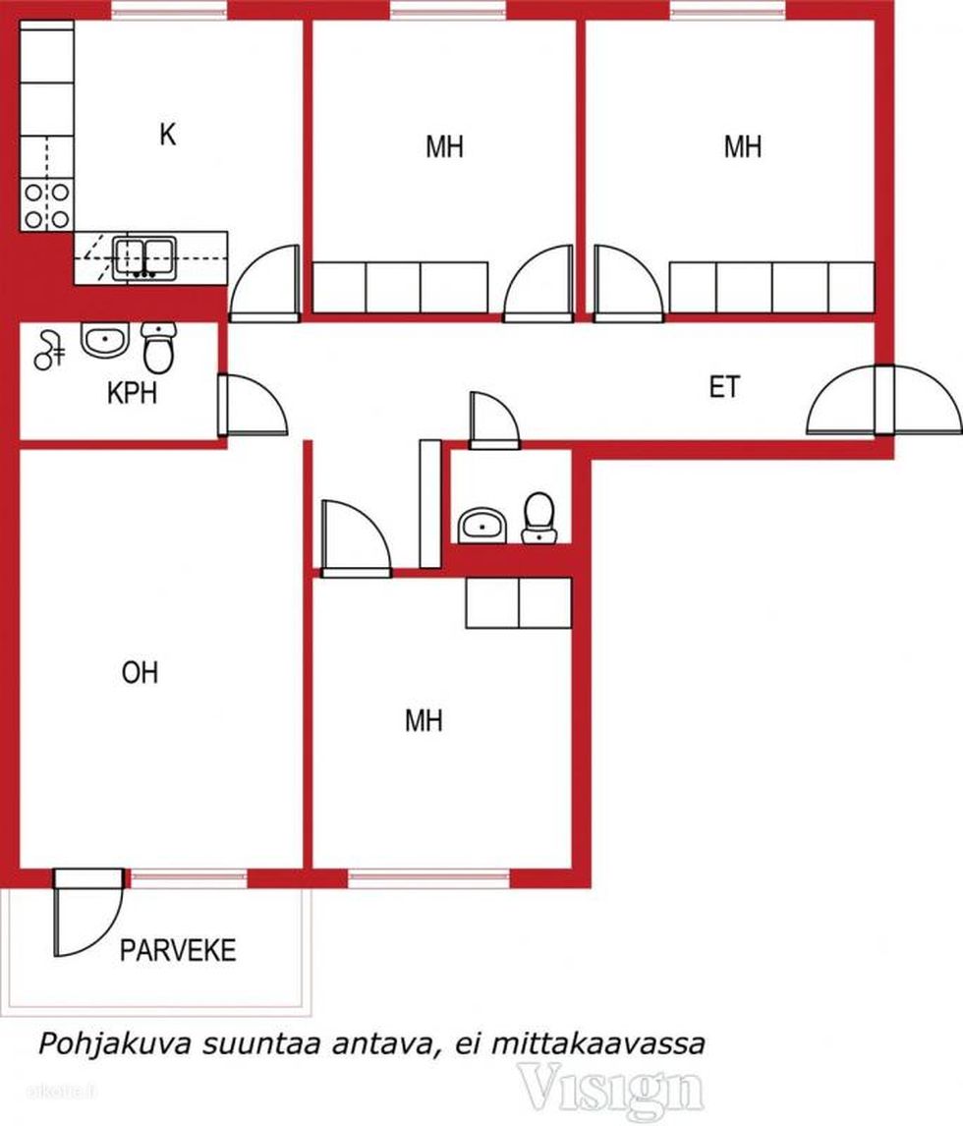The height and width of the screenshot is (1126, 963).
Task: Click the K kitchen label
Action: (x=167, y=135)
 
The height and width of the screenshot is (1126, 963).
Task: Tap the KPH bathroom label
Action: (x=132, y=394)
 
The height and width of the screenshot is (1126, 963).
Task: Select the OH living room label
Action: (x=141, y=673)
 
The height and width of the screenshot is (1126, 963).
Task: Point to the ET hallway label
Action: (x=724, y=388)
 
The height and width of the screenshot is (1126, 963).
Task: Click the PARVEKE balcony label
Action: (x=178, y=951)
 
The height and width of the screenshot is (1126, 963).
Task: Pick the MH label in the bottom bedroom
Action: (x=424, y=720)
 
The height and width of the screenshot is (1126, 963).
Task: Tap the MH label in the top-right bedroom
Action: (x=743, y=146)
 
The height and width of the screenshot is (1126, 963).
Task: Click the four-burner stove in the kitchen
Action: (x=47, y=205)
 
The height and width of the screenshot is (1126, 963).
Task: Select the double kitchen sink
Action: (x=144, y=258)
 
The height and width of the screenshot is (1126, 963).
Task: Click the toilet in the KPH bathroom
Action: (x=159, y=348)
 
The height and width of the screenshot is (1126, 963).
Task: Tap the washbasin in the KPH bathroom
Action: (x=105, y=340)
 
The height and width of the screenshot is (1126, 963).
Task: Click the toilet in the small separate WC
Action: (x=539, y=517)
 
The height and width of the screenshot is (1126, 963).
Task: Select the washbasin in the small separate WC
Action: (x=482, y=526)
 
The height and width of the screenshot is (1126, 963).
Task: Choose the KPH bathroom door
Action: (x=253, y=405)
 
